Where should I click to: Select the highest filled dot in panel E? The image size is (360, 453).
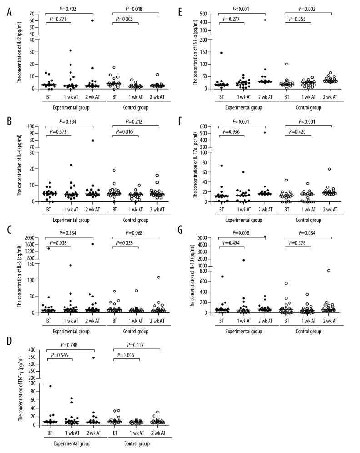265,20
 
